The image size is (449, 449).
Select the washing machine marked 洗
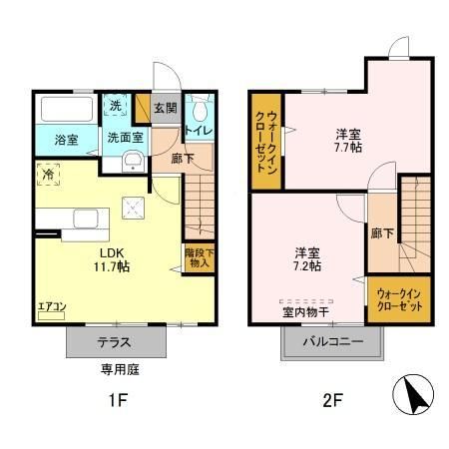tap(117, 106)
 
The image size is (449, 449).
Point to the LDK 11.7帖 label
tap(112, 259)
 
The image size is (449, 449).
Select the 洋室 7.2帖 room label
tap(306, 258)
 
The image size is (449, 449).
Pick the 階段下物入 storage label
tap(198, 257)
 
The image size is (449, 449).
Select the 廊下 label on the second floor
tap(381, 231)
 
